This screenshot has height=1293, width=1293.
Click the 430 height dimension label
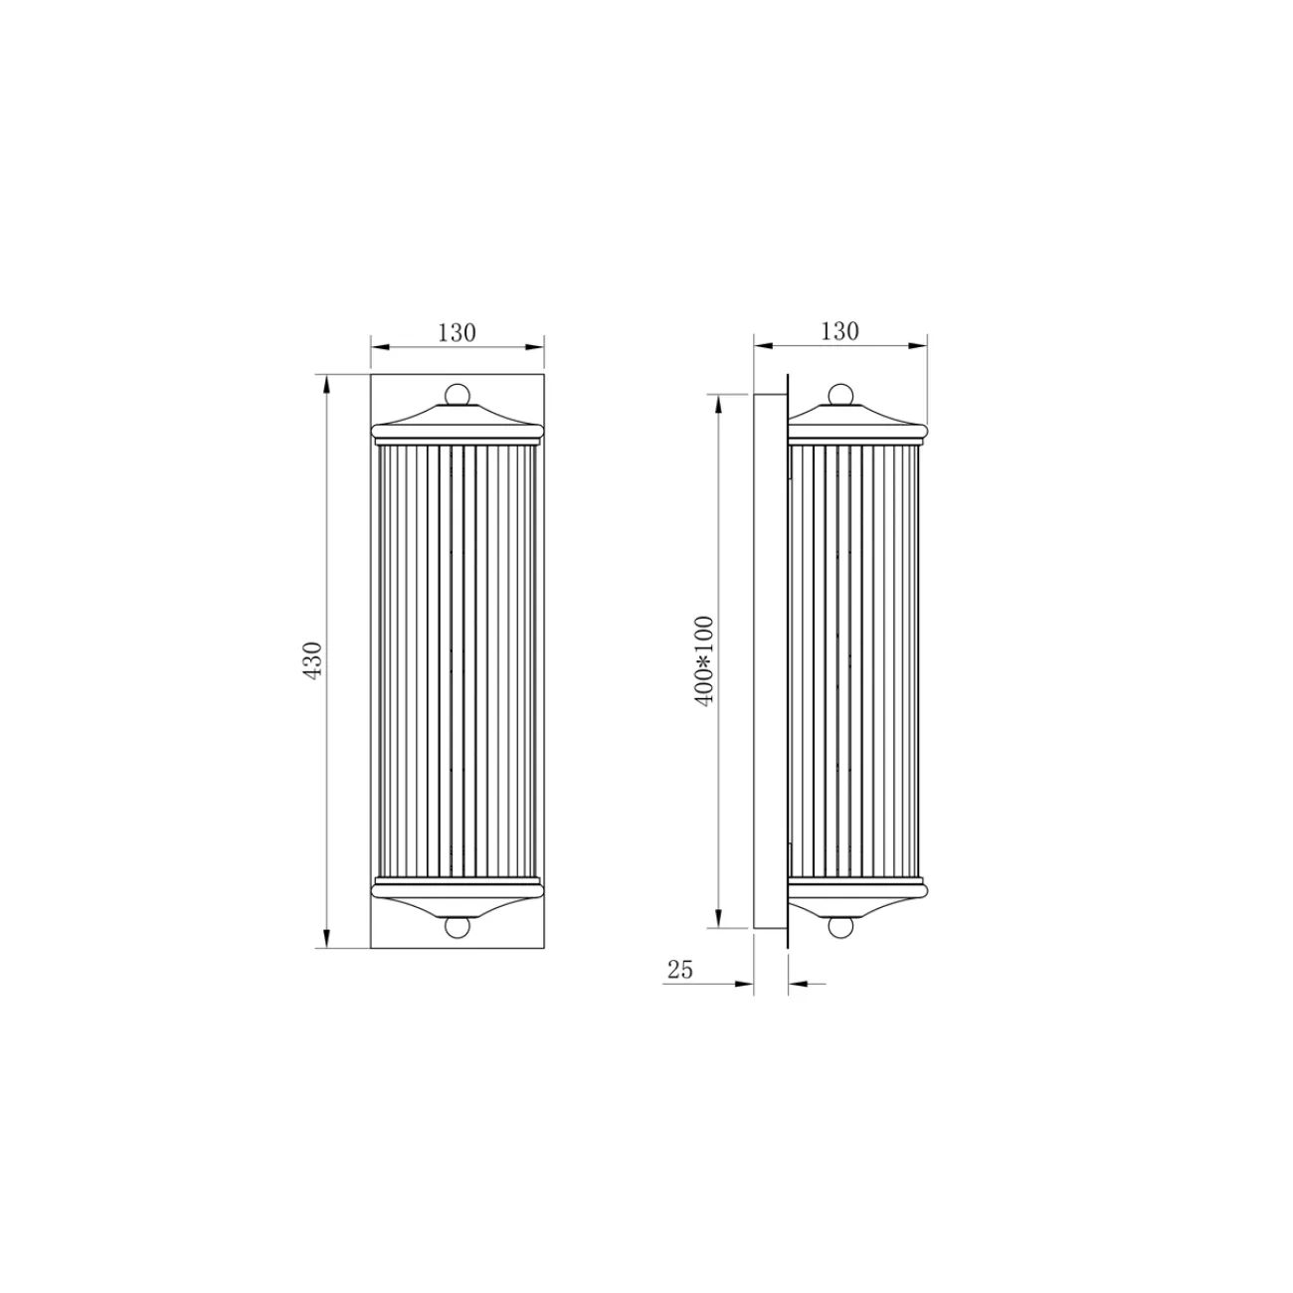tap(312, 660)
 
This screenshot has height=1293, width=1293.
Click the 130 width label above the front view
tap(457, 333)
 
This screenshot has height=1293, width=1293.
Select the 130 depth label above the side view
tap(840, 331)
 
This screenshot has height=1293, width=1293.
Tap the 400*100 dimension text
tap(705, 661)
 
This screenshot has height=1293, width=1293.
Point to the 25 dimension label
tap(680, 970)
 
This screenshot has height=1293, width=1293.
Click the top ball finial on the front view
tap(457, 394)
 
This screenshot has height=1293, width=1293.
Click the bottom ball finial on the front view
tap(457, 926)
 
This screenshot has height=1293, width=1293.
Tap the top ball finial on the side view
tap(841, 394)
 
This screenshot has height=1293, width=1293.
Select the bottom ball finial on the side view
tap(841, 926)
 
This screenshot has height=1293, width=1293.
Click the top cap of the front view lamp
tap(457, 423)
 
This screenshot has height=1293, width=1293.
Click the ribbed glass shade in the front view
tap(457, 661)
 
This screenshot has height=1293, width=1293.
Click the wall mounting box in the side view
tap(768, 661)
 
